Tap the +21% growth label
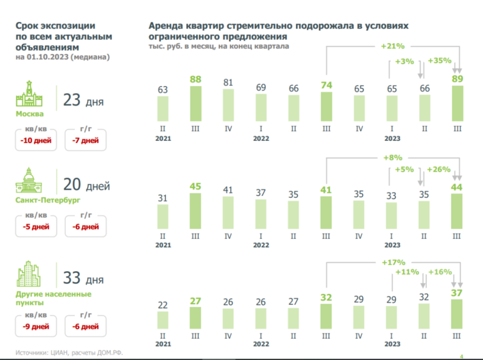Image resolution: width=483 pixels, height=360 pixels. (392, 46)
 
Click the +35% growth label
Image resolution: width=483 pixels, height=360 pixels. (439, 60)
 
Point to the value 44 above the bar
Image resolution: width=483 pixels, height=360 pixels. (457, 188)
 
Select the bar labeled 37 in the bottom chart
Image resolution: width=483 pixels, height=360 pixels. (457, 314)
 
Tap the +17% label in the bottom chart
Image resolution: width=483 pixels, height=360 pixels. (393, 262)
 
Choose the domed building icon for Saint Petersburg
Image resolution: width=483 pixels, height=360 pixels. (29, 181)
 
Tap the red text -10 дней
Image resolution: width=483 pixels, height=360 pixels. (36, 140)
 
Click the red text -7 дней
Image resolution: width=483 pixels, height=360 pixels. (85, 140)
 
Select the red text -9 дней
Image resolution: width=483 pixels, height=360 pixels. (36, 326)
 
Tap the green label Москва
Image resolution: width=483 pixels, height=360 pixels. (29, 114)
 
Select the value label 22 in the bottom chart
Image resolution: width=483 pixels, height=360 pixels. (163, 305)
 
